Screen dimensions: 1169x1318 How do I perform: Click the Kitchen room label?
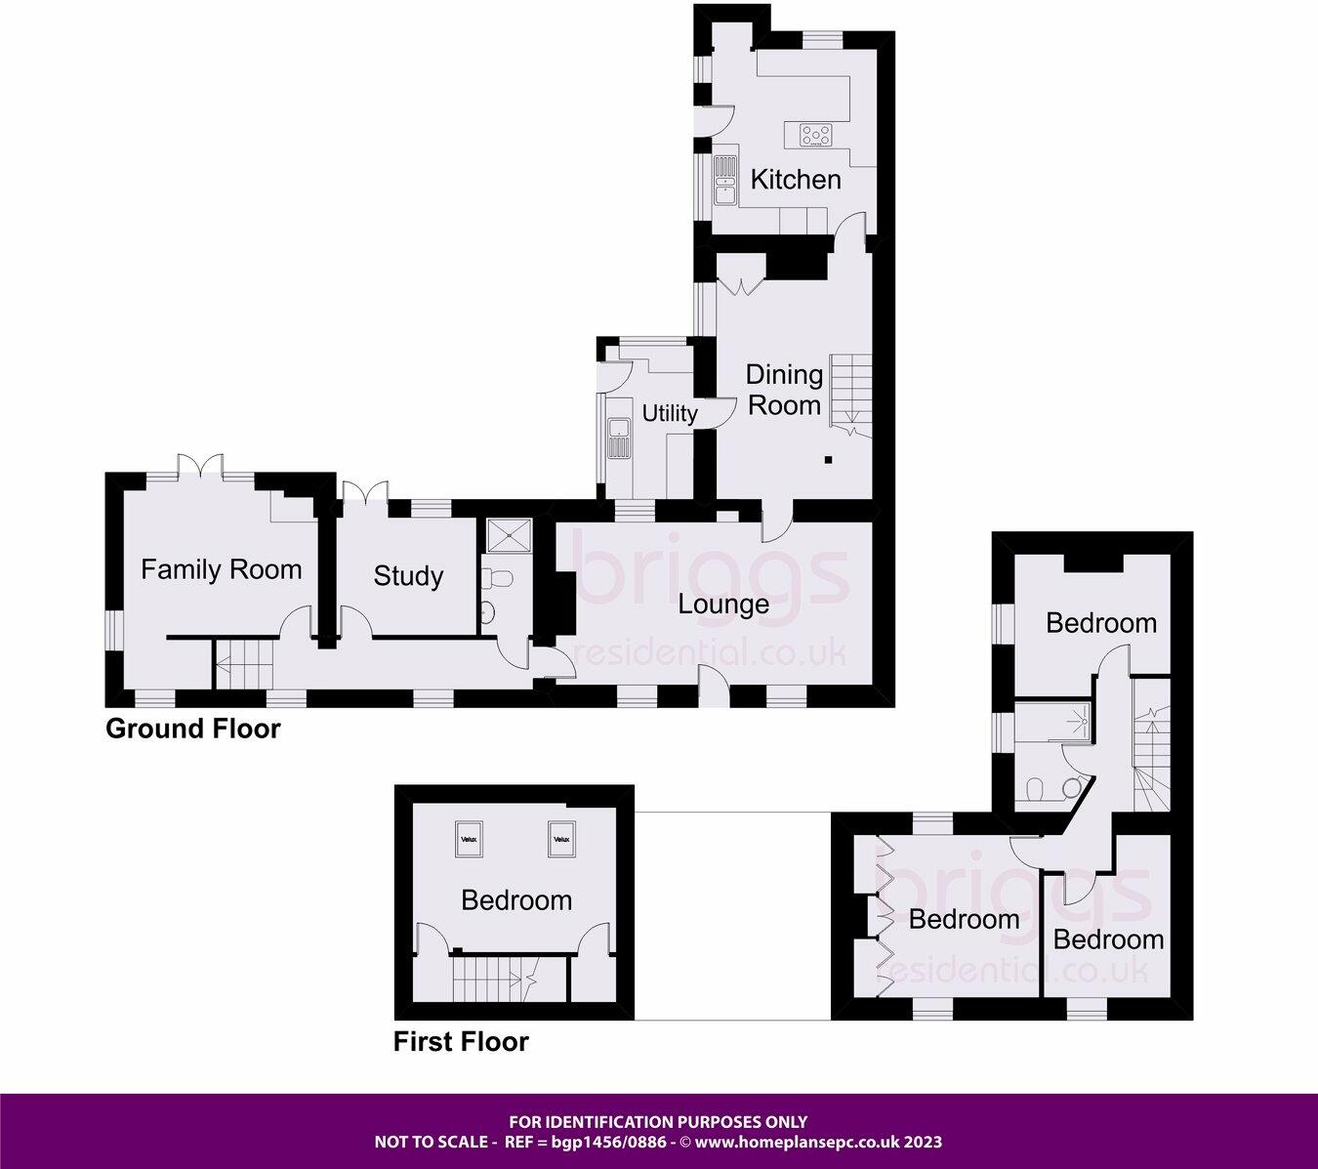tap(795, 180)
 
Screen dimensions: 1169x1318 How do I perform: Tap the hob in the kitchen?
tap(817, 135)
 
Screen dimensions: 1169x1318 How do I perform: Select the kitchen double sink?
tap(724, 181)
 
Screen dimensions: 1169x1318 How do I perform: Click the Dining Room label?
tap(783, 390)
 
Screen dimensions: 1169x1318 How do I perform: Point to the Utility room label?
tap(670, 413)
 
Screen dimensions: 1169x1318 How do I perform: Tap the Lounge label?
tap(723, 605)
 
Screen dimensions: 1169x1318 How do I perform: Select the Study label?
tap(408, 576)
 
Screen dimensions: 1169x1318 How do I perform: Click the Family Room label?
tap(221, 569)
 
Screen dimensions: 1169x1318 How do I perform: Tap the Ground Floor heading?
tap(192, 729)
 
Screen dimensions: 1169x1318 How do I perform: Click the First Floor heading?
tap(461, 1042)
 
